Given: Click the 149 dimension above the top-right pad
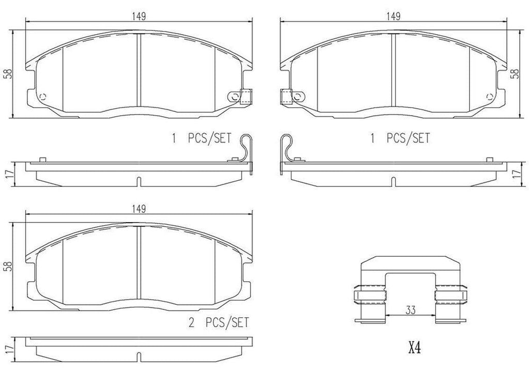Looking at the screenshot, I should (x=394, y=15).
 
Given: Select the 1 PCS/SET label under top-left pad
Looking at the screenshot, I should (x=202, y=138).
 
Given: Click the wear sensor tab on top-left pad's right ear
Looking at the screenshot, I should (x=245, y=96).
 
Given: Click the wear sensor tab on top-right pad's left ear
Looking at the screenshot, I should (x=285, y=96).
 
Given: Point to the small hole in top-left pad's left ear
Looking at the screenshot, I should (x=42, y=96).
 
